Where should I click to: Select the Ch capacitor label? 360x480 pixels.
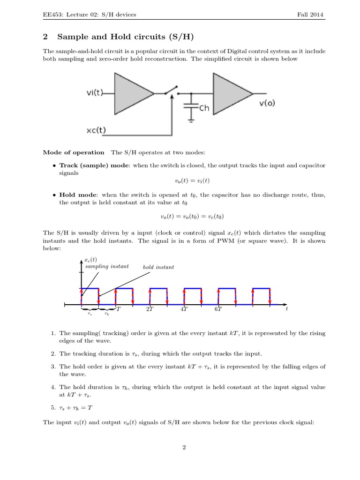click(204, 108)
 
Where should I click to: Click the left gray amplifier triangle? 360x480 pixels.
click(132, 93)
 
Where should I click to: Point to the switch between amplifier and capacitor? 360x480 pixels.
click(171, 90)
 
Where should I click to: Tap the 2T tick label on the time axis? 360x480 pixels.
click(150, 309)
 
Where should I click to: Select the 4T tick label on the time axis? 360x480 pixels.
click(184, 309)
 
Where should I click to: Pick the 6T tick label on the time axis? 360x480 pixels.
click(218, 309)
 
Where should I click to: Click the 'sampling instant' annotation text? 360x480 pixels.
click(107, 266)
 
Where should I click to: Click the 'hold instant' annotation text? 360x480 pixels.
click(158, 267)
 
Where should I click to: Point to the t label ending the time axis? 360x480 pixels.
click(286, 309)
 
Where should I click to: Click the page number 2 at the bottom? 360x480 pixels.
click(184, 447)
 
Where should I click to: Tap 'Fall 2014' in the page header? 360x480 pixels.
click(310, 15)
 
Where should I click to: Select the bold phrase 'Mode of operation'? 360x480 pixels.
click(74, 152)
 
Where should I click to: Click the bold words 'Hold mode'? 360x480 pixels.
click(78, 195)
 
